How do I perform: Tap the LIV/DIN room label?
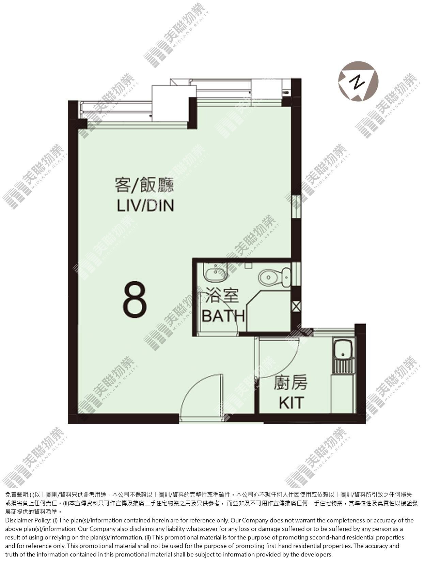(145, 205)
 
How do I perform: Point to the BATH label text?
(223, 316)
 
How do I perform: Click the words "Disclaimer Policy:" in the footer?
(28, 520)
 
